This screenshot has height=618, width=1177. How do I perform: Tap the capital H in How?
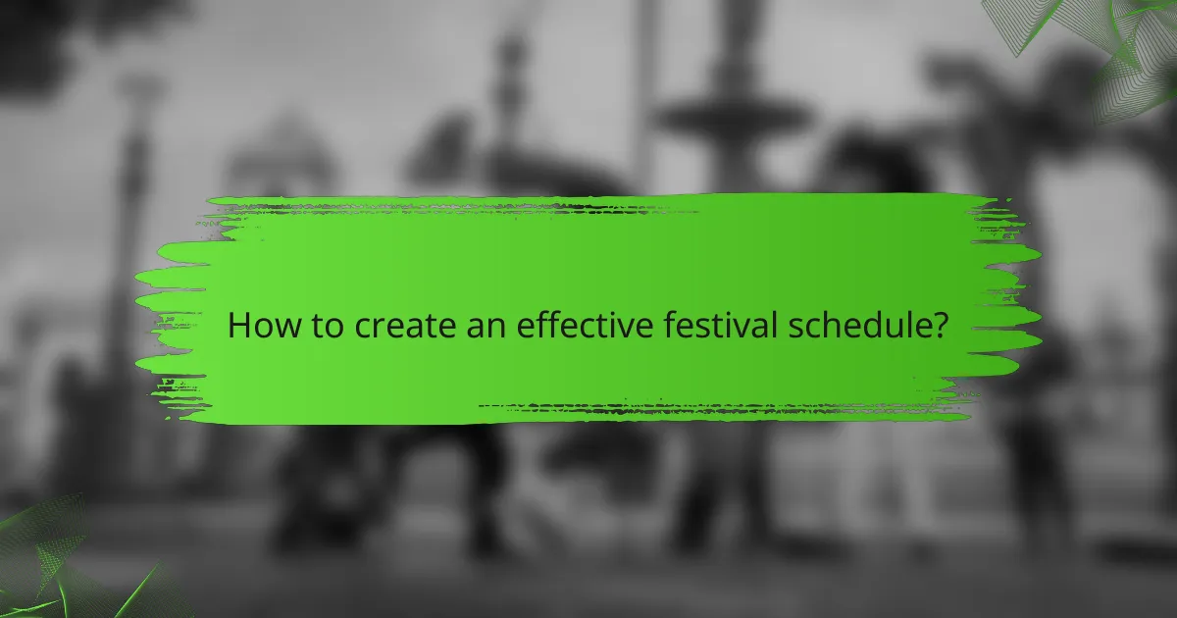point(239,326)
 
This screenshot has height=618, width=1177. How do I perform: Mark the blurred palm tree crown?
point(1030,98)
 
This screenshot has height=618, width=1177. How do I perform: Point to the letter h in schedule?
point(829,326)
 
